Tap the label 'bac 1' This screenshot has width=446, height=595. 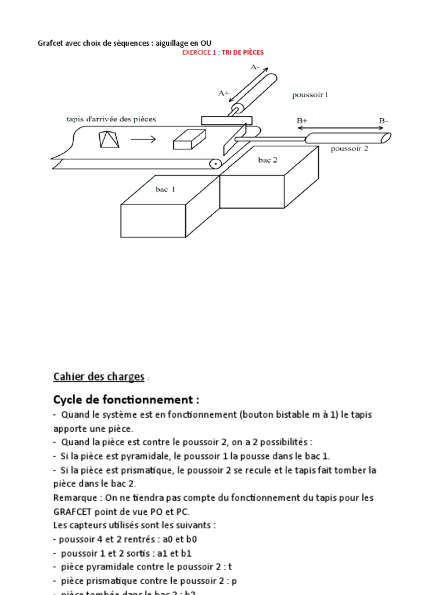(164, 189)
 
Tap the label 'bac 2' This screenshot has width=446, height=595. (268, 160)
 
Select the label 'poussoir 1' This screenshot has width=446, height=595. (310, 94)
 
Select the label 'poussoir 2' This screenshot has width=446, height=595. (350, 148)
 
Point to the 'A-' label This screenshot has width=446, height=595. (255, 67)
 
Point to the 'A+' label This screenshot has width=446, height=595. (224, 92)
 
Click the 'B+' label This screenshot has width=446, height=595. (302, 120)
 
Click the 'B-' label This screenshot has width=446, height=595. (384, 120)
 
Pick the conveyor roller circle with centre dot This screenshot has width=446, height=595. (215, 164)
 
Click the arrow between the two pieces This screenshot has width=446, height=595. (143, 139)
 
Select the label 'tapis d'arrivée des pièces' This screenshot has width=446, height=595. (110, 119)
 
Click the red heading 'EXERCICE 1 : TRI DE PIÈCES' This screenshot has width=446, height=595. (223, 52)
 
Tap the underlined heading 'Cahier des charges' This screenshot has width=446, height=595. (98, 377)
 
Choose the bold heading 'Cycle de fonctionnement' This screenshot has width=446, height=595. (126, 400)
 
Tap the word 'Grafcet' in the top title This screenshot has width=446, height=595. (51, 42)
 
